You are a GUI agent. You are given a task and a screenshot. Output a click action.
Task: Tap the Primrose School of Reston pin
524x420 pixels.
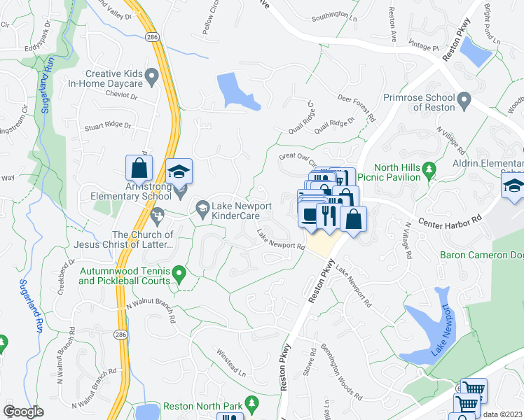coord(464,102)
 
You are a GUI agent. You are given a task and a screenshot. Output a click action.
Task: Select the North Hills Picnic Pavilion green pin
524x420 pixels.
coord(430,168)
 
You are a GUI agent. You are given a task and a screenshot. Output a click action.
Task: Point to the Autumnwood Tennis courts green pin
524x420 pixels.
coord(179,272)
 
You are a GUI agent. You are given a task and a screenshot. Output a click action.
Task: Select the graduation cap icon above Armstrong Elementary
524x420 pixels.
coord(179,171)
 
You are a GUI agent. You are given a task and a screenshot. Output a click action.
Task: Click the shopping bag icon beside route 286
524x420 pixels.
coord(139,168)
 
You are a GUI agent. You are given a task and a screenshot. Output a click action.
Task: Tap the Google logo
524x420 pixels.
coord(23,412)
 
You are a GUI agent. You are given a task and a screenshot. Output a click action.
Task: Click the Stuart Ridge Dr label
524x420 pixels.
coord(107,126)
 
